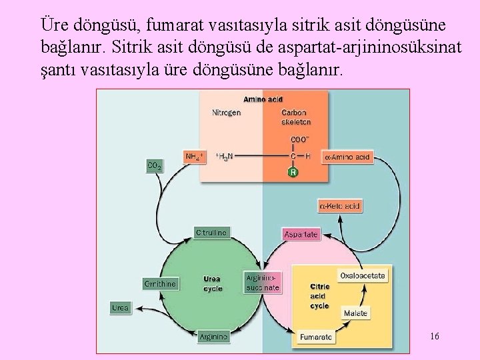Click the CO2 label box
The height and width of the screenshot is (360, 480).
[x=154, y=165]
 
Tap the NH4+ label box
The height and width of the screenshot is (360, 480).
[x=195, y=157]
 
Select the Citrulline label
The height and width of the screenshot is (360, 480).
[x=211, y=233]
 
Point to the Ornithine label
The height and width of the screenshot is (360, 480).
[x=160, y=283]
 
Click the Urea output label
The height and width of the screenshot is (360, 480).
[x=120, y=308]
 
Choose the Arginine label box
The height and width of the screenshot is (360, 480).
[x=214, y=337]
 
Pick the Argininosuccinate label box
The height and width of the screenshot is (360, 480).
[x=263, y=283]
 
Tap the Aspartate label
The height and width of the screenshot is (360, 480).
[x=301, y=234]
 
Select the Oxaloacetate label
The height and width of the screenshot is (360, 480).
[x=362, y=275]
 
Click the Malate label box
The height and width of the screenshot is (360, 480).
[x=355, y=313]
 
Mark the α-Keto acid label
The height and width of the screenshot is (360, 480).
[x=340, y=206]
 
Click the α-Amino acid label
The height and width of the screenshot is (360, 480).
[x=347, y=158]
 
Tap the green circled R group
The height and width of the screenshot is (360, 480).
[x=293, y=173]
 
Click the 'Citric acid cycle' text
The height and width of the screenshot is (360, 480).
[x=319, y=296]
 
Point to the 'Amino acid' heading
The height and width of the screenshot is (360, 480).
[x=263, y=100]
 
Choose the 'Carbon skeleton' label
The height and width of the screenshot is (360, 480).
[x=296, y=117]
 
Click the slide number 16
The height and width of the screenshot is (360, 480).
[x=434, y=336]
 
